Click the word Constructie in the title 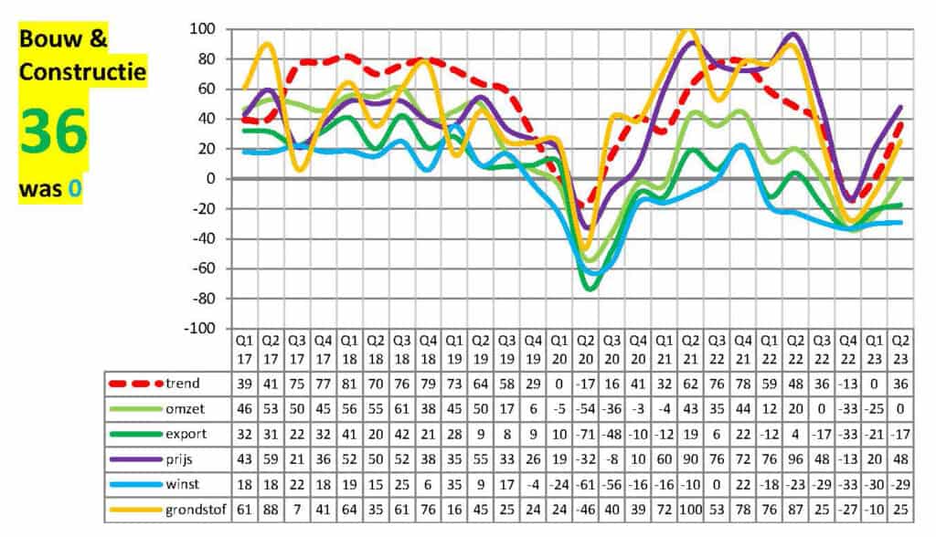[83, 71]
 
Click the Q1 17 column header [244, 348]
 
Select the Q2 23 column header [901, 348]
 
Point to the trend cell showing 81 [349, 384]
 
